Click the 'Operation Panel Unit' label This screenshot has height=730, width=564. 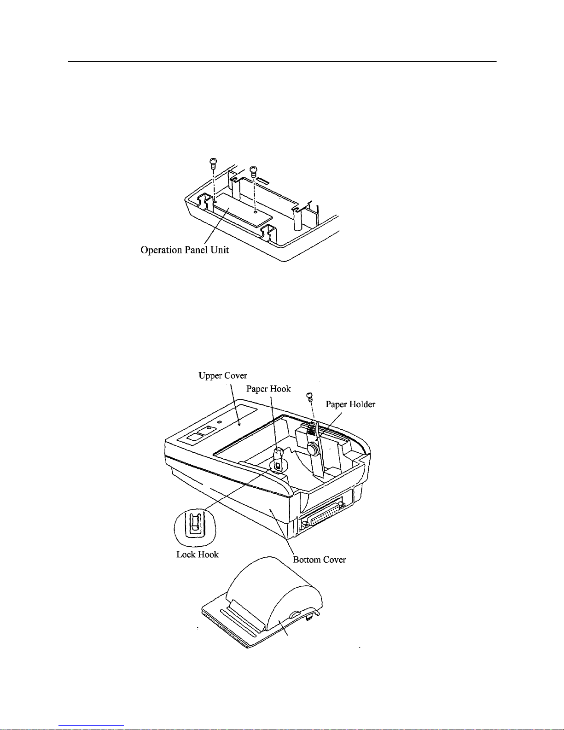[x=185, y=250]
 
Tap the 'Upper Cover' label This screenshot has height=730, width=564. [x=223, y=375]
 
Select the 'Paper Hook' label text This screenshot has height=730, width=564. [x=268, y=389]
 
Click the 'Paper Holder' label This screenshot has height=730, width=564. [x=350, y=404]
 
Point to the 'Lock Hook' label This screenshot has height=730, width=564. [x=198, y=555]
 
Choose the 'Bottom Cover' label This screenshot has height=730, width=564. [x=320, y=560]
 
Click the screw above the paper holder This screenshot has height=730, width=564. [x=310, y=395]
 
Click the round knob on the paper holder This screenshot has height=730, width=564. [x=313, y=449]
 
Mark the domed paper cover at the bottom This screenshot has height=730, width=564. [x=272, y=599]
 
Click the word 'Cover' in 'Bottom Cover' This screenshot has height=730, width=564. [x=334, y=560]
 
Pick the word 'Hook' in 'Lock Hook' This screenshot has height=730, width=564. [x=209, y=555]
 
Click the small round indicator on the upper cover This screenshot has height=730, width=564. [x=219, y=422]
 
